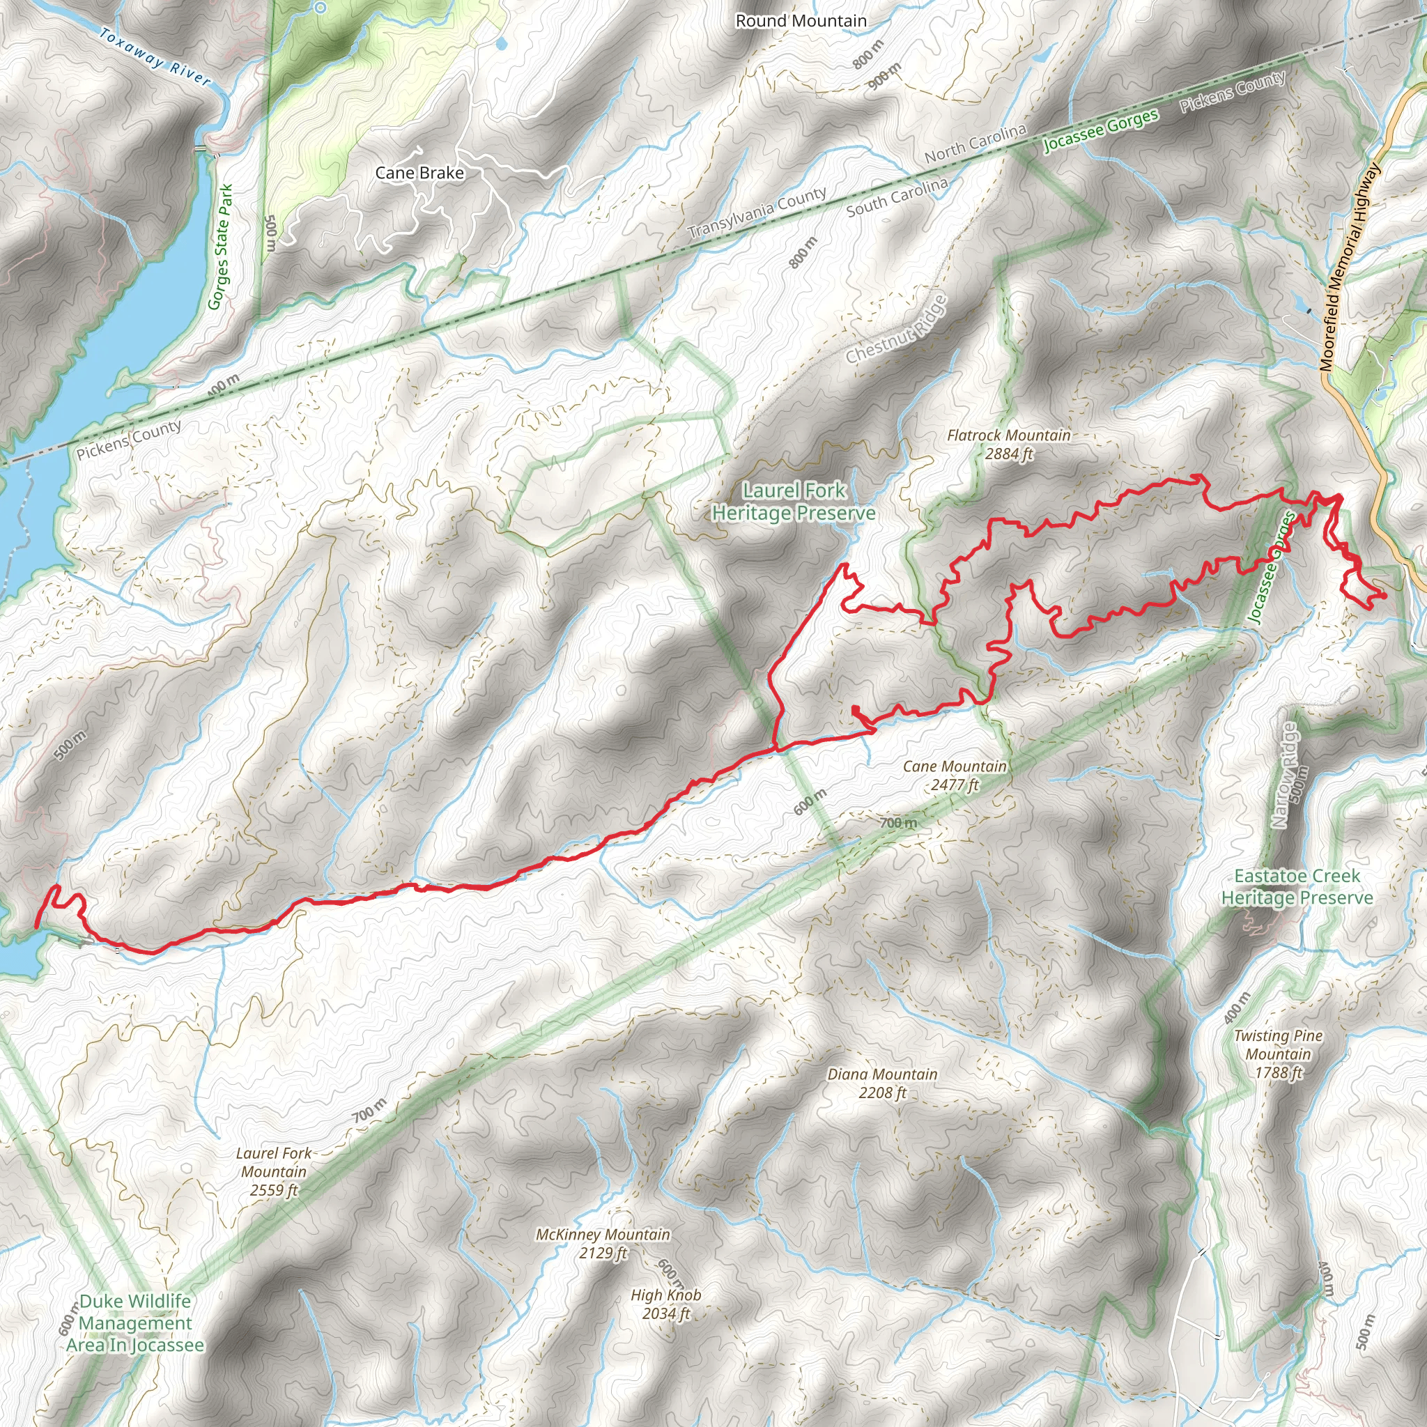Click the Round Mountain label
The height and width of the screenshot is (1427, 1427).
(x=801, y=21)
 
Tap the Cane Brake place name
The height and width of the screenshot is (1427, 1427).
(x=419, y=173)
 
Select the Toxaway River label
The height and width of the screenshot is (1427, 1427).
(x=155, y=57)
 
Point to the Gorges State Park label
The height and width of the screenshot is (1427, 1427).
(x=220, y=247)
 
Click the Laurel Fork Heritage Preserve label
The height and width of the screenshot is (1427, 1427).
(x=794, y=502)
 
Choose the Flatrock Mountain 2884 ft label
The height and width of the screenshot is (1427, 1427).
(x=1008, y=445)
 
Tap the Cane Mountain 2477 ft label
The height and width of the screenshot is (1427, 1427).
(x=955, y=776)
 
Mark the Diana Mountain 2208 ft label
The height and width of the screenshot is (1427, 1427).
(x=882, y=1083)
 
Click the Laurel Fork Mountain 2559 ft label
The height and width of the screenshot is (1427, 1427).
(x=273, y=1171)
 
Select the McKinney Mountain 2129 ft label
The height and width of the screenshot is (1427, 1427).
(x=603, y=1244)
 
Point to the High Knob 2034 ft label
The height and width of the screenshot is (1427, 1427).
(x=665, y=1304)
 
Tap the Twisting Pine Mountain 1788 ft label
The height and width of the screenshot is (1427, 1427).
(x=1278, y=1054)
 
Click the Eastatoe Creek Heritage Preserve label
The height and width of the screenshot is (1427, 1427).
(x=1297, y=887)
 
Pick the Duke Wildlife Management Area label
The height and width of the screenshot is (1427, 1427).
(x=135, y=1324)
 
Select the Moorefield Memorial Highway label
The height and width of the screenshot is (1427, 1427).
(x=1350, y=267)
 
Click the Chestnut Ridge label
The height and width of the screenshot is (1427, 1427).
(x=896, y=330)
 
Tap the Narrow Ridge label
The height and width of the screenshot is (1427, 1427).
(x=1284, y=775)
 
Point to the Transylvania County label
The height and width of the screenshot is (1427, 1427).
(x=757, y=213)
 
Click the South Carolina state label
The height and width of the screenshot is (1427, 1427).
(x=897, y=198)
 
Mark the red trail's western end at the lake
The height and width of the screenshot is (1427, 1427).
(x=36, y=925)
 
